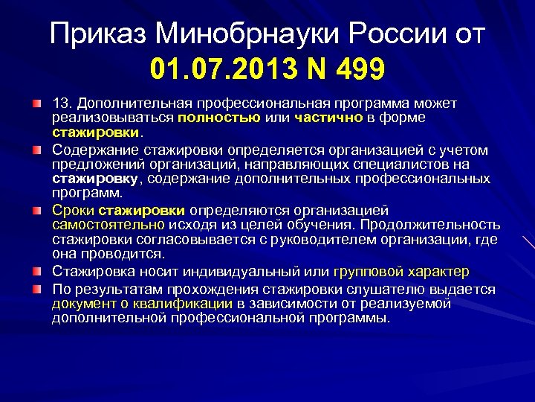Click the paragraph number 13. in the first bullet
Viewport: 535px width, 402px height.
click(x=62, y=103)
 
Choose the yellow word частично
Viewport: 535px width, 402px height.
click(x=327, y=117)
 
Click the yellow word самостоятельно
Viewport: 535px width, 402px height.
click(x=108, y=224)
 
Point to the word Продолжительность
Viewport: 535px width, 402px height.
click(x=438, y=224)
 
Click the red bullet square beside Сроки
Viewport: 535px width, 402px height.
click(x=36, y=211)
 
